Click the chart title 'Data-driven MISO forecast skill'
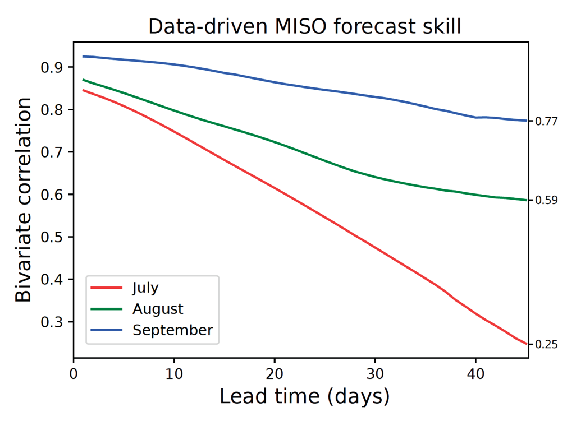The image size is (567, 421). point(304,26)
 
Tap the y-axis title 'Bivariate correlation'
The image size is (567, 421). point(24,200)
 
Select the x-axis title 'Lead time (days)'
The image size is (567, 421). point(304,396)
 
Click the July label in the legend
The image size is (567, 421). point(145,288)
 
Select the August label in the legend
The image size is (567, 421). point(158,309)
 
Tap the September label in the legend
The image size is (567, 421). point(172,330)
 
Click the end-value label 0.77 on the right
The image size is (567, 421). point(546,121)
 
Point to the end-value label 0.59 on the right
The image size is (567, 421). point(546,200)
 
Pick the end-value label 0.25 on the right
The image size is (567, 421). point(546,345)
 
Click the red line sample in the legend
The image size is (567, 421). point(107,288)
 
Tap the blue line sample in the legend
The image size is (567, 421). point(107,330)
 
